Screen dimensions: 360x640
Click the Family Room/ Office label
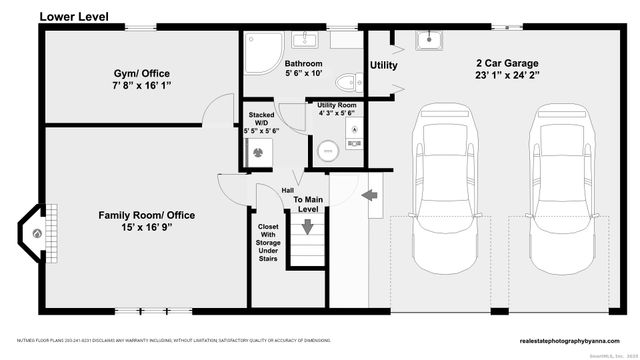146,215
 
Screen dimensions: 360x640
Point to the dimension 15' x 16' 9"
146,228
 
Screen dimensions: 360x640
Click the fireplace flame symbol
38,233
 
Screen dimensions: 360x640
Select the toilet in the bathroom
345,82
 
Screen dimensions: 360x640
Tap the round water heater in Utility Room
327,151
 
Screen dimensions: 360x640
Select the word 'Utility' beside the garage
384,66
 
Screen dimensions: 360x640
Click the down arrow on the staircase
308,227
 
